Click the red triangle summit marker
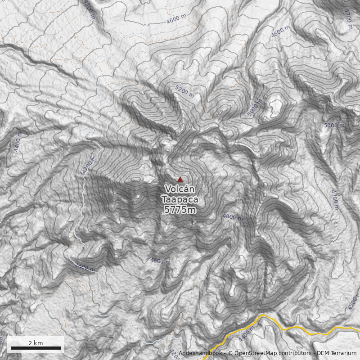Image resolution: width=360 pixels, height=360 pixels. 180,179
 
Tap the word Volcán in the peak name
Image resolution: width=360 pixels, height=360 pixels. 180,189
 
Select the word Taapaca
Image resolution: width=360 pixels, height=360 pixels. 180,199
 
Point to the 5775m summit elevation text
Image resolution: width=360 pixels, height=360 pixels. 180,210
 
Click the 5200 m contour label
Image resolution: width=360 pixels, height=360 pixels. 185,92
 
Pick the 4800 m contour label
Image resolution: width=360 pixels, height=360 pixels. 233,216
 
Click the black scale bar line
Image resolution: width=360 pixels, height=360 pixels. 36,348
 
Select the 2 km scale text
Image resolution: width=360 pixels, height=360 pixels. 36,343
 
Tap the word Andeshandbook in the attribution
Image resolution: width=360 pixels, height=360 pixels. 200,353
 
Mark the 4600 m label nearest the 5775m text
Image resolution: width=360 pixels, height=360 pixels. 160,261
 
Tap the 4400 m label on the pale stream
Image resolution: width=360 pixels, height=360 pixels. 85,269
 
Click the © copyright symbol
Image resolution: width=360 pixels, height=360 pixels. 230,353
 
